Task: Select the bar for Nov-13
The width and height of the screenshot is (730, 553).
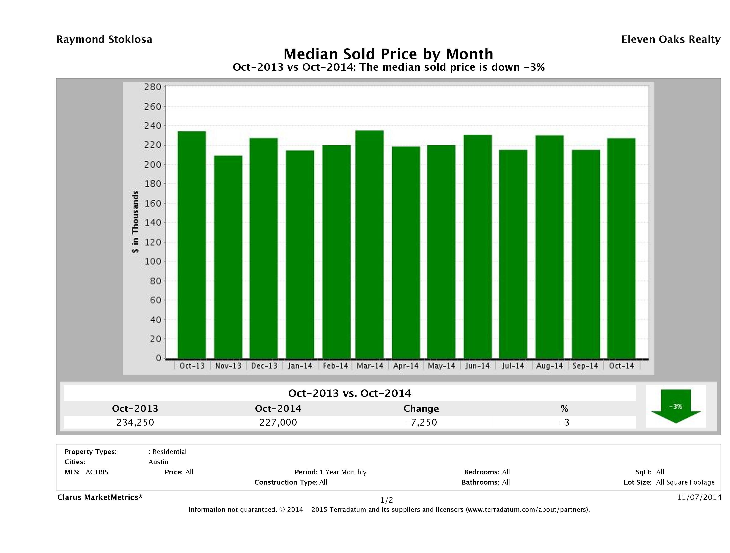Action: [228, 257]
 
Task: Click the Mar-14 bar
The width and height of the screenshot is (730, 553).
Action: [370, 244]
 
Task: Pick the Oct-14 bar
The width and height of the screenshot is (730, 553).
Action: [621, 248]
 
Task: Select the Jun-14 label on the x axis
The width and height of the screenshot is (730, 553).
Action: [477, 366]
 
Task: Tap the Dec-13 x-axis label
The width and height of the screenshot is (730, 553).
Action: [264, 366]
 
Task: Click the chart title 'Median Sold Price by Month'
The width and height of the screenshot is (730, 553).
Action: [388, 54]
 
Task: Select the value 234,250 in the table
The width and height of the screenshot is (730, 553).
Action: [135, 422]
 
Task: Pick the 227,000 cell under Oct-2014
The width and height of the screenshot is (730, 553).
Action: [278, 422]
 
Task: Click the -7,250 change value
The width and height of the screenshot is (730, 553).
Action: [421, 422]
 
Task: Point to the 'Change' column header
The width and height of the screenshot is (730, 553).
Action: [421, 409]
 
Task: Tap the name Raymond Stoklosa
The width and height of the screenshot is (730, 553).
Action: [104, 40]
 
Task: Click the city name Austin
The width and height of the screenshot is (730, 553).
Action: [158, 462]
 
